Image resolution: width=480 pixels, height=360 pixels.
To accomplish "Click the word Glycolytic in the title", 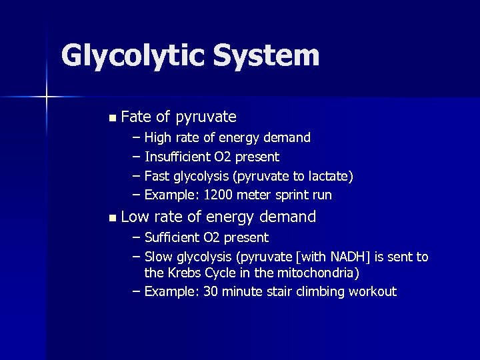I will coord(132,56).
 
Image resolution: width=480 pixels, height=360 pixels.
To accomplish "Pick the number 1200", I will coord(217,195).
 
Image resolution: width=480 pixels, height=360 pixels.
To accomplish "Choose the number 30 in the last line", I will coord(211,291).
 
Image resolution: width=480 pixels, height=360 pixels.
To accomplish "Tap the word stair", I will coord(286,291).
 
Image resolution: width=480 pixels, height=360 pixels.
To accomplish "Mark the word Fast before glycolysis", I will coord(157,176).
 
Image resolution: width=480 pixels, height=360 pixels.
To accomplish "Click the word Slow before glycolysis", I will coord(158,257).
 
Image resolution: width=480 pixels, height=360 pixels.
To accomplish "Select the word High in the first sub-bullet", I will coord(158,138).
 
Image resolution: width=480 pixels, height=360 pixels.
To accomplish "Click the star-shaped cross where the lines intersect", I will coord(47,98).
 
